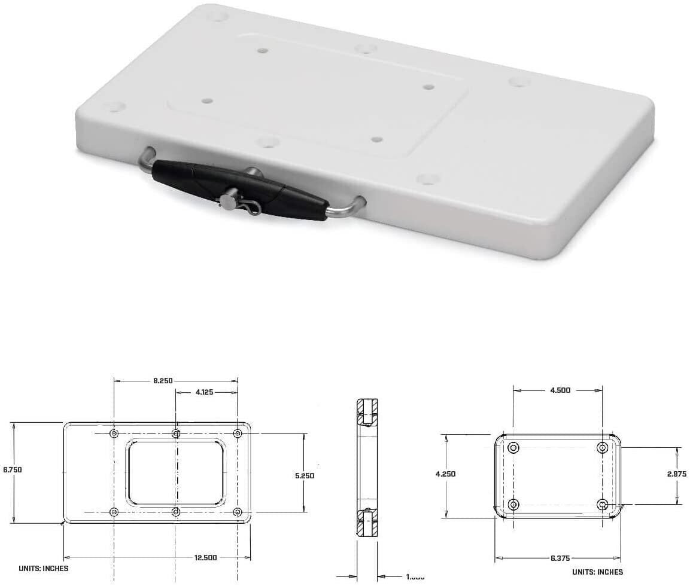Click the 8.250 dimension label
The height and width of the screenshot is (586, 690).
click(163, 380)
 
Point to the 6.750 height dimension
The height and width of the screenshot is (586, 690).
click(12, 470)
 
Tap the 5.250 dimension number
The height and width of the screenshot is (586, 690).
click(305, 476)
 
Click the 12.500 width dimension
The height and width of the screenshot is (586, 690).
click(205, 557)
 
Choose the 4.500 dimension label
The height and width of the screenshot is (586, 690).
click(560, 390)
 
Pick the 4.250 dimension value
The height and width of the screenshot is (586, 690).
click(446, 474)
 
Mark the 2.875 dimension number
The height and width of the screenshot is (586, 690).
click(677, 474)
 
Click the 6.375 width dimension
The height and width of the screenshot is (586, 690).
click(560, 558)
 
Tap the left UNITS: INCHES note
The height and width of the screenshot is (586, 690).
click(44, 569)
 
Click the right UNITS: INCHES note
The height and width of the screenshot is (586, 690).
click(597, 572)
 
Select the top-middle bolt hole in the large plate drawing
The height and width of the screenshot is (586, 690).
click(176, 434)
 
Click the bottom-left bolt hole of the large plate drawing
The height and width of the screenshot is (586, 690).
click(114, 512)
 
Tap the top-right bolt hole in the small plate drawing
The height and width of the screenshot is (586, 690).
click(603, 448)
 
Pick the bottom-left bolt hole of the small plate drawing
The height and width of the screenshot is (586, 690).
click(513, 503)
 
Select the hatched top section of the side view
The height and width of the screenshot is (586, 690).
click(366, 411)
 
